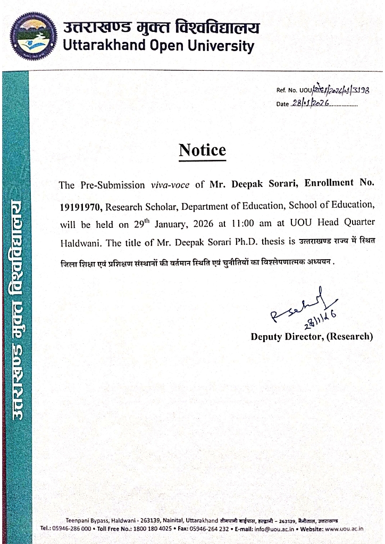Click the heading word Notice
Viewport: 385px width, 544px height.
point(202,150)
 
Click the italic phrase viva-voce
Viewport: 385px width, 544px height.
point(170,185)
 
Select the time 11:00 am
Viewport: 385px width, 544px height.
point(254,224)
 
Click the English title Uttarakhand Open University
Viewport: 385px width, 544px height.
point(158,46)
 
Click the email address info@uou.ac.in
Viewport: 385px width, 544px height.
point(272,529)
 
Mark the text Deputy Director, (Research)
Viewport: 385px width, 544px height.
point(312,336)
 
